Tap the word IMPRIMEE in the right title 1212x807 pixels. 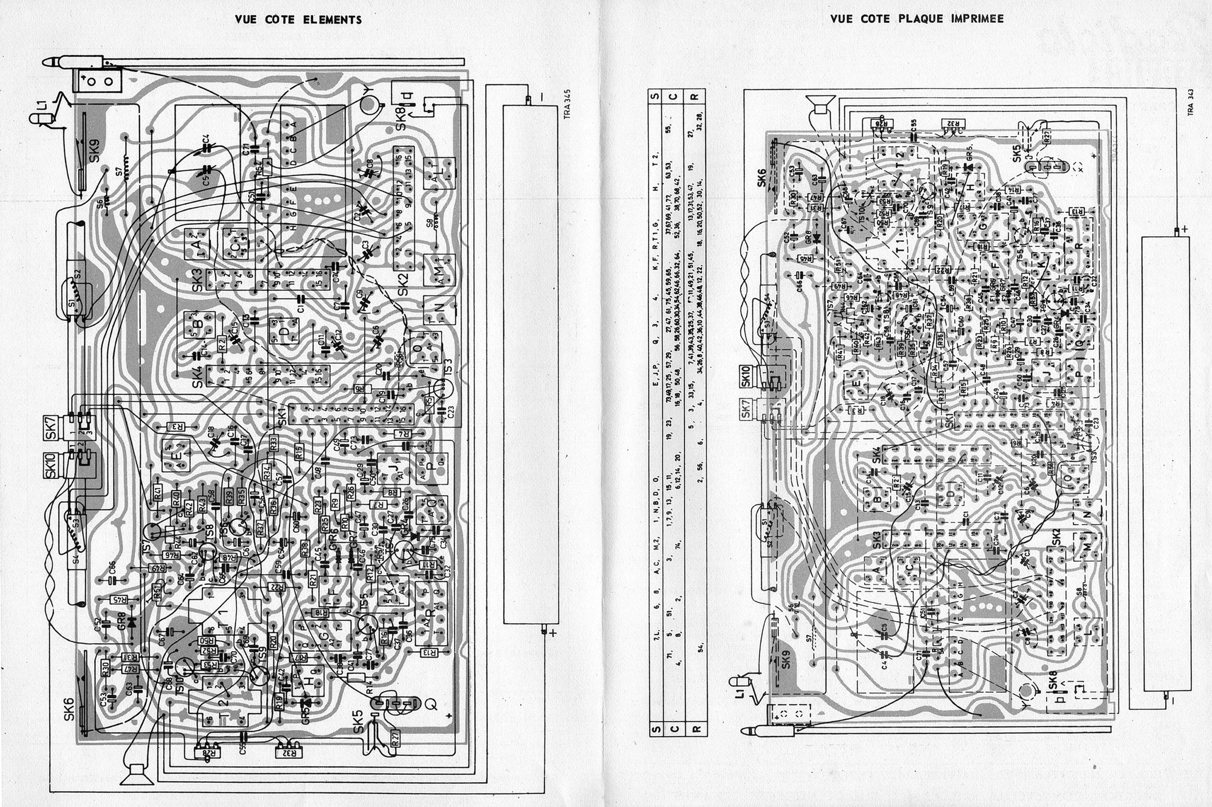click(x=977, y=19)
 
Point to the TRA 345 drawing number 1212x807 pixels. click(x=567, y=105)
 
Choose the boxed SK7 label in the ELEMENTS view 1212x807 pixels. click(x=51, y=426)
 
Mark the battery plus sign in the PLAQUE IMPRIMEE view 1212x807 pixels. click(x=1185, y=228)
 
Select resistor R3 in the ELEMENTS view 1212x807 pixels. click(x=176, y=426)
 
